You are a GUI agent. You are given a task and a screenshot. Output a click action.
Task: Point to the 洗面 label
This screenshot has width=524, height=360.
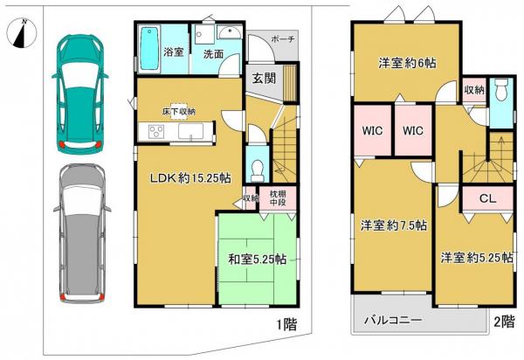[x=213, y=54]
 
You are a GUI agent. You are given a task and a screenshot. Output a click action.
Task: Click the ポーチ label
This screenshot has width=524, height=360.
[x=283, y=40]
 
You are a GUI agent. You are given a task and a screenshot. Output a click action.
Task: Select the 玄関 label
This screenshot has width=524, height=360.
[x=264, y=79]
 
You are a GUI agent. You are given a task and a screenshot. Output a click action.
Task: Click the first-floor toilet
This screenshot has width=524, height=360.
[x=256, y=165]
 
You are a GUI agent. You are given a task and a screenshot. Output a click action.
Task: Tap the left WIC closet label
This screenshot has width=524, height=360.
[x=373, y=130]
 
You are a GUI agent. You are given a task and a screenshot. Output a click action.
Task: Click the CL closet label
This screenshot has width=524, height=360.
[x=487, y=198]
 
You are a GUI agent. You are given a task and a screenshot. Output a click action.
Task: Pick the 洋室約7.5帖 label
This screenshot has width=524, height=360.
[x=394, y=225]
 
